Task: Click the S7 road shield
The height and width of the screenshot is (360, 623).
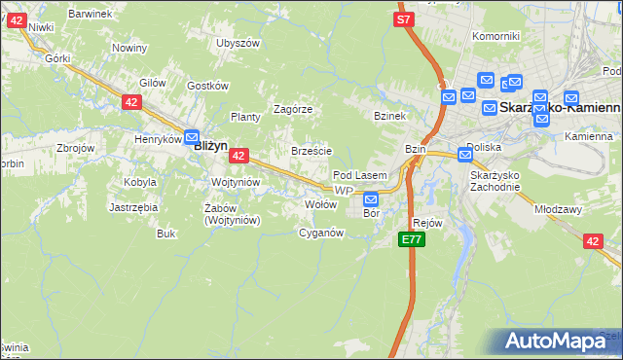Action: point(404,19)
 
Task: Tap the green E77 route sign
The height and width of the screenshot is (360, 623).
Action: point(412,239)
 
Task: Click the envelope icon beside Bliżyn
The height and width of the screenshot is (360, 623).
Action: point(192,138)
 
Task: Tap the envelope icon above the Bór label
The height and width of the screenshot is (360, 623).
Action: point(370,199)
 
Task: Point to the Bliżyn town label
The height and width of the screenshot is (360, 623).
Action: point(210,146)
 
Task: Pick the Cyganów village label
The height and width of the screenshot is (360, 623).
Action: point(321,233)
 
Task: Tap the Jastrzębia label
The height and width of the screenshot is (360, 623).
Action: point(134,207)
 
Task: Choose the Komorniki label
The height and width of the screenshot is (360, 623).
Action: point(495,36)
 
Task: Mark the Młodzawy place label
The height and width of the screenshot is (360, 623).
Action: point(558,208)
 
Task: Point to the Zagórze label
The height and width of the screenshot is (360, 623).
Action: point(293,109)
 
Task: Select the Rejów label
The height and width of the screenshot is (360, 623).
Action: point(428,223)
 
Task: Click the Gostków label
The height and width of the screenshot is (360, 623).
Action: point(206,86)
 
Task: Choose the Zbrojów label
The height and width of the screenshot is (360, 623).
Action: point(75,148)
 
